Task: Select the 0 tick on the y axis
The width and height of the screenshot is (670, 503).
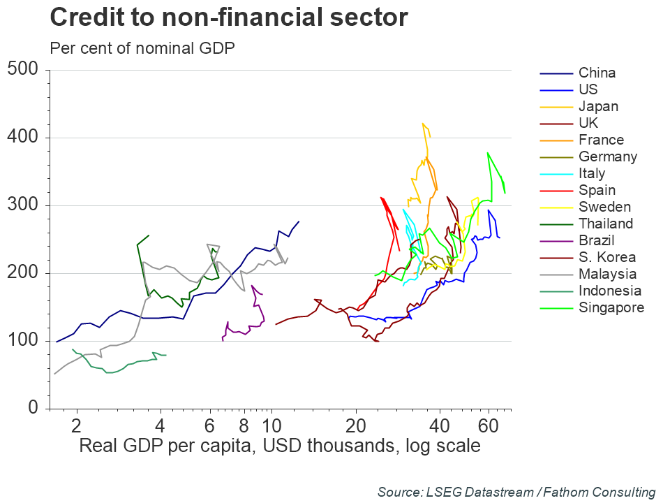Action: (x=33, y=408)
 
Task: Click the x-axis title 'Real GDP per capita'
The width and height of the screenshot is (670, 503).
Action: (x=280, y=446)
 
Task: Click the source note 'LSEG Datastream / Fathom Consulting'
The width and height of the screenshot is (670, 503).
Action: (x=516, y=492)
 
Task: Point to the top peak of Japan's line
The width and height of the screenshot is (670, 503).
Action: (x=423, y=124)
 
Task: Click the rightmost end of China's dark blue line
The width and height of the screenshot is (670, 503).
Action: (x=299, y=221)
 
